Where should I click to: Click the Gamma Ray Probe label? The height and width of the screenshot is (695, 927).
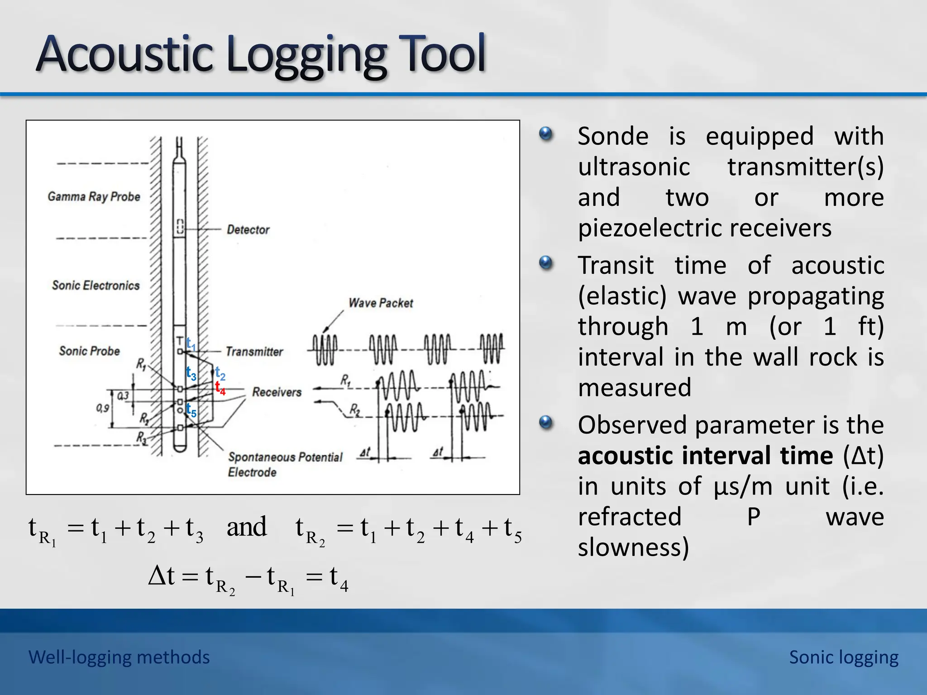tap(94, 197)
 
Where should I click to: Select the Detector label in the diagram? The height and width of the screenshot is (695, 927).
tap(248, 230)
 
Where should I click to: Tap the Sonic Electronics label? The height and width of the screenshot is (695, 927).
tap(96, 286)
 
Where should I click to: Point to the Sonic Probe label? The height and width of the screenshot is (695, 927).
tap(89, 351)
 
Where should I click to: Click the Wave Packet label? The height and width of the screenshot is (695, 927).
tap(381, 303)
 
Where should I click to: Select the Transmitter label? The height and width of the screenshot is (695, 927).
tap(254, 352)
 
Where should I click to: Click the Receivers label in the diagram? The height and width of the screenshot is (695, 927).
tap(277, 392)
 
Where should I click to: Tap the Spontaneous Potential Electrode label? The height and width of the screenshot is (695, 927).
tap(285, 464)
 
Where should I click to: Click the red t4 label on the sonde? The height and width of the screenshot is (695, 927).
tap(220, 388)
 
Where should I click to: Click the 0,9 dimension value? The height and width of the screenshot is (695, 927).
tap(102, 408)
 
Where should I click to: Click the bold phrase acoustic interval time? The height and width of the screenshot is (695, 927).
tap(705, 456)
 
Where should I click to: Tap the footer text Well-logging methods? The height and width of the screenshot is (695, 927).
tap(119, 657)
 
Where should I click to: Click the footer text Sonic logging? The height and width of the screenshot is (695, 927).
tap(844, 657)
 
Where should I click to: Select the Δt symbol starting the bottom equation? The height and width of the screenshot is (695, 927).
tap(162, 576)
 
